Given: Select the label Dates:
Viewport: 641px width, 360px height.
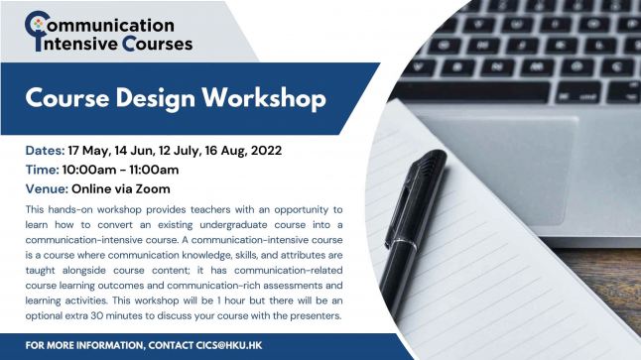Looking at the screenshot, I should point(45,151).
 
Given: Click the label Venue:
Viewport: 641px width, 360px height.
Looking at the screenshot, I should point(47,188).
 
